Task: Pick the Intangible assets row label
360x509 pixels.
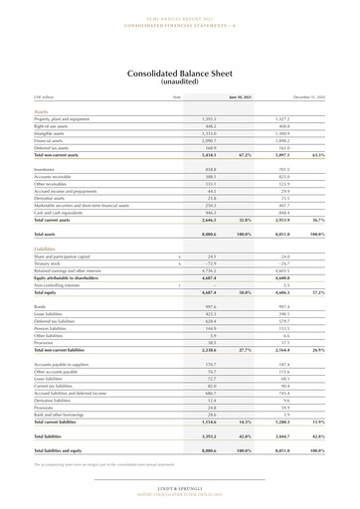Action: tap(51, 133)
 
